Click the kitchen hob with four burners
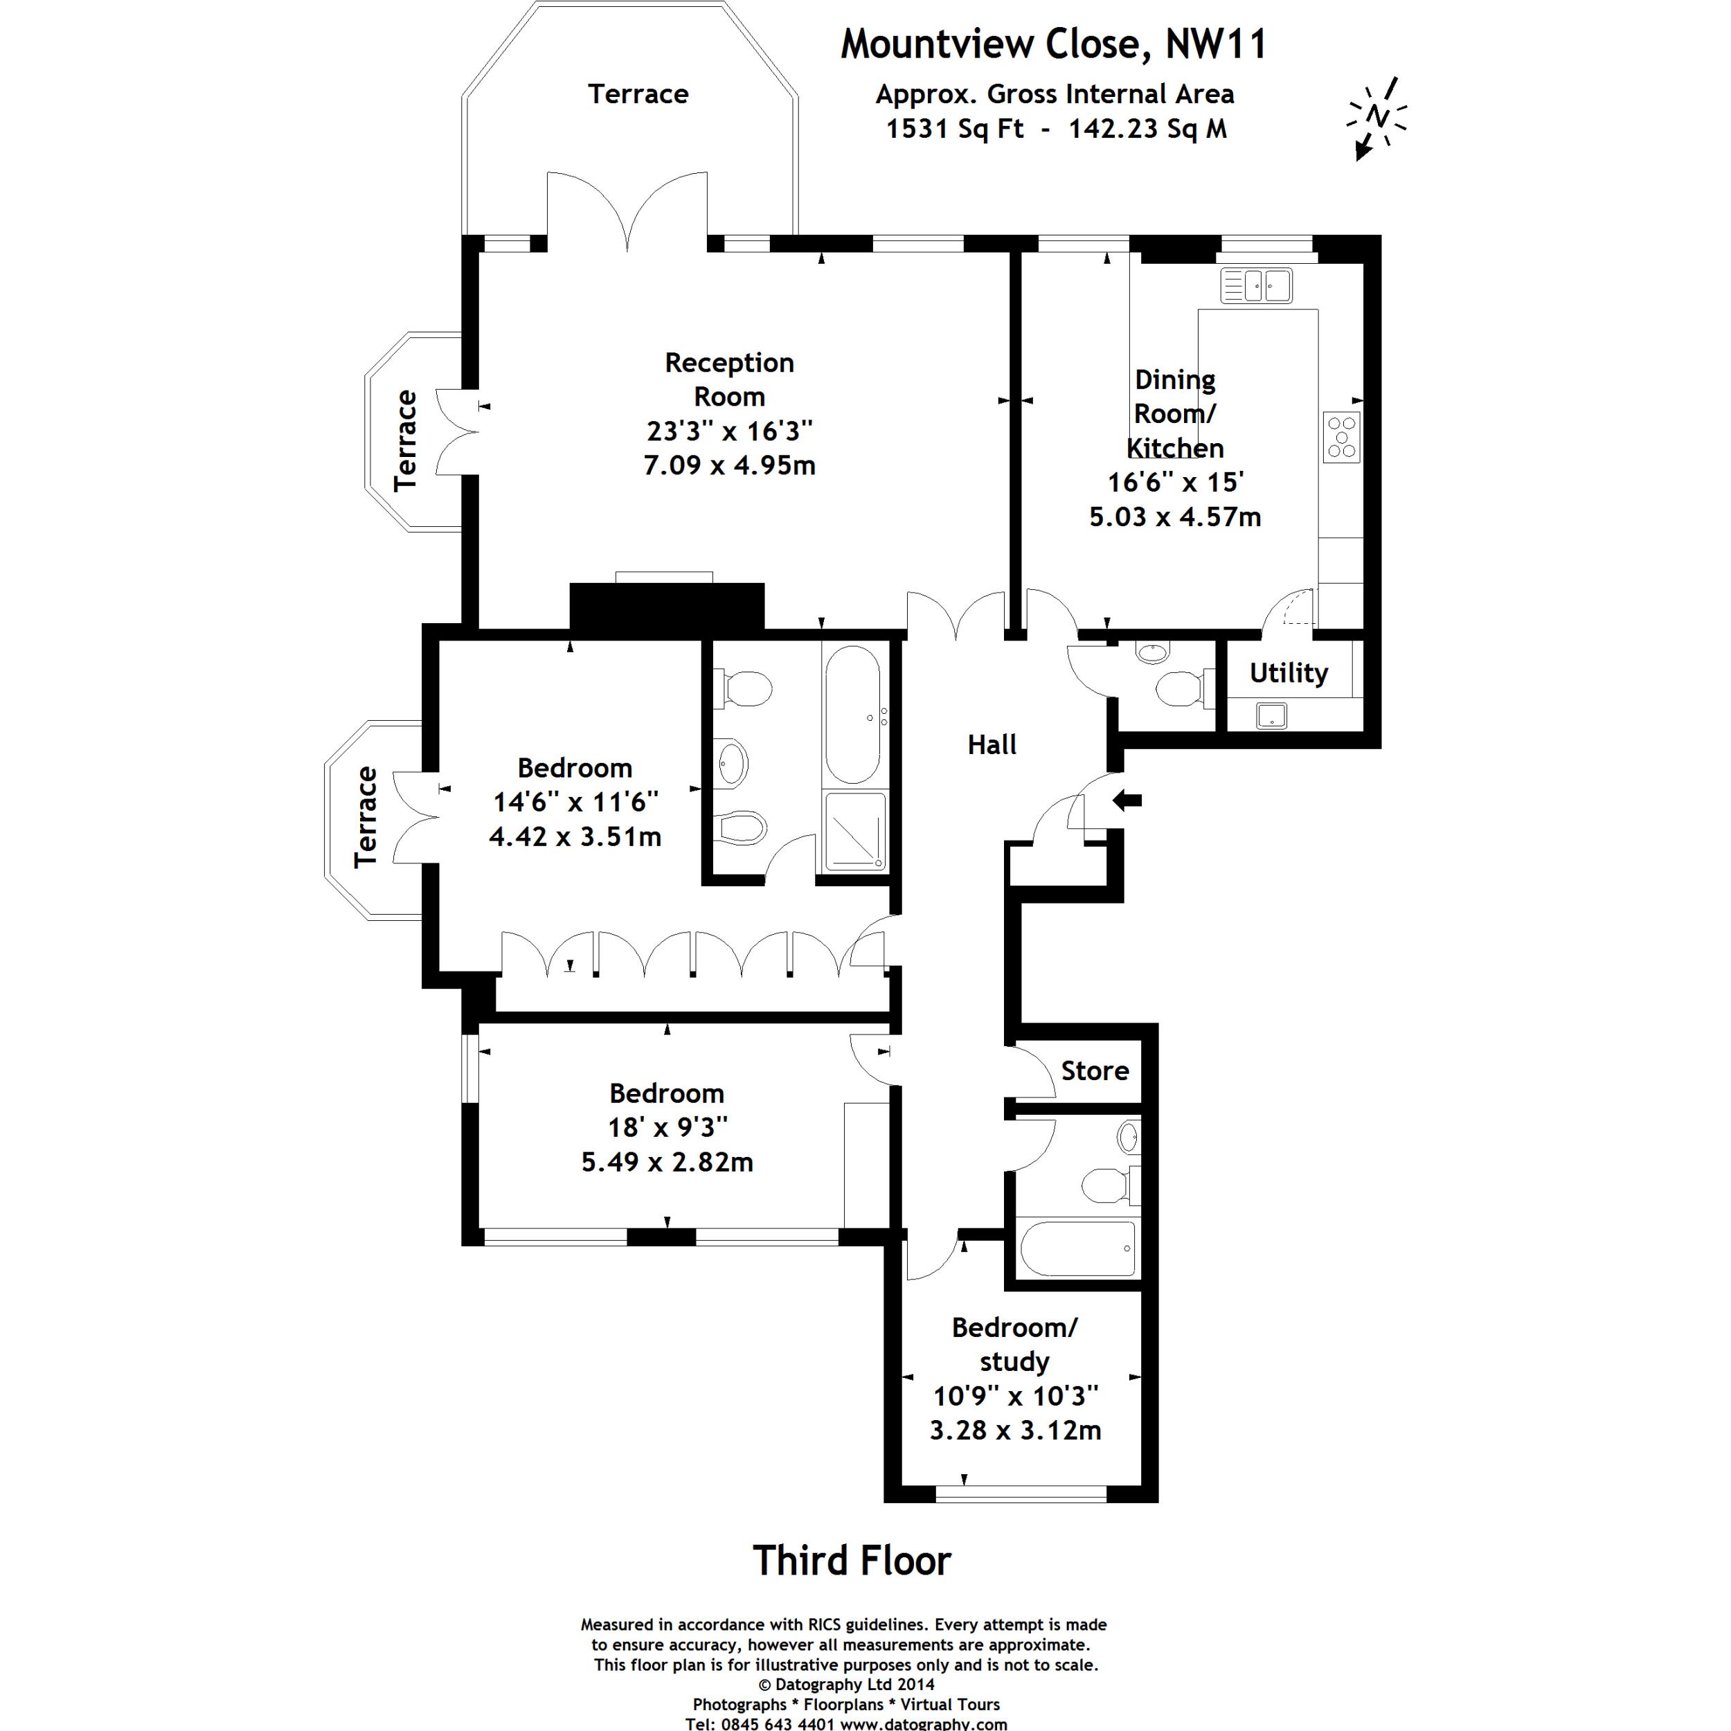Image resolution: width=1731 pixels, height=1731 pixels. point(1341,436)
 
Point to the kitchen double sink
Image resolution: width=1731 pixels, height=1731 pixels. point(1256,286)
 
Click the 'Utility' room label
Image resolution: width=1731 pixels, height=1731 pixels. point(1289,673)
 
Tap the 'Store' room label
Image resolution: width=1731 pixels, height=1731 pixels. point(1094,1070)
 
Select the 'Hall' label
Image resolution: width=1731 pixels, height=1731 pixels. point(992,744)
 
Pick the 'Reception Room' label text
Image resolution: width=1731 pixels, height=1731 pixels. point(729,380)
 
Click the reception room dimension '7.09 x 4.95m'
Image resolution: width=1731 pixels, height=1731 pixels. point(729,466)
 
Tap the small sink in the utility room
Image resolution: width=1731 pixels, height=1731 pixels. point(1271,716)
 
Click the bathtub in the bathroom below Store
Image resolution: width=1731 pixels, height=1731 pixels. point(1077,1248)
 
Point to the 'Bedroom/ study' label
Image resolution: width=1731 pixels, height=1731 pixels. point(1014,1344)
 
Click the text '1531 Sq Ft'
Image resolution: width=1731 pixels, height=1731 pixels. point(954,129)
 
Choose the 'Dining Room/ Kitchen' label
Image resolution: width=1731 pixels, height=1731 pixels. point(1174,413)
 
